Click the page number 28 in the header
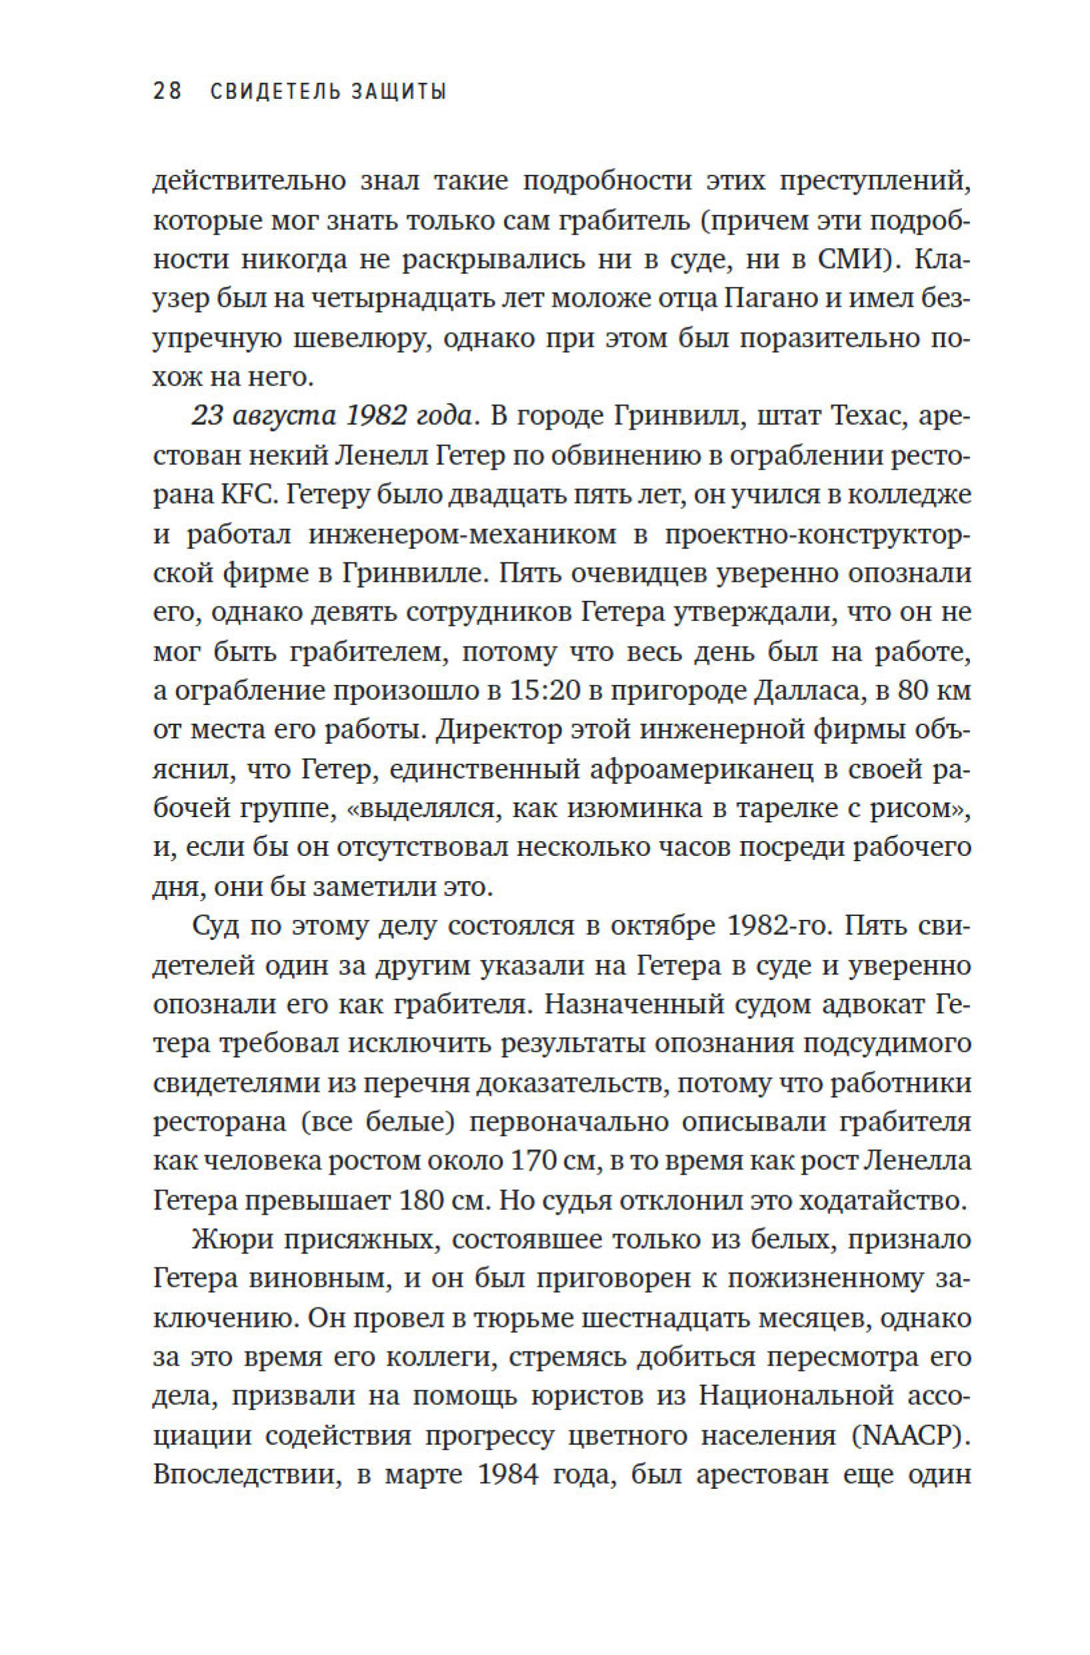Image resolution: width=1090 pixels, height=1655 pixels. pos(167,91)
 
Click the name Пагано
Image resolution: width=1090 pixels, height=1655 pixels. pos(776,299)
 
